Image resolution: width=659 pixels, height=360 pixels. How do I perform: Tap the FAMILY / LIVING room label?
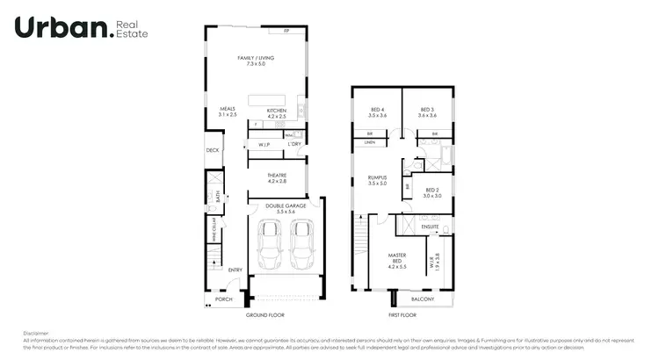[256, 61]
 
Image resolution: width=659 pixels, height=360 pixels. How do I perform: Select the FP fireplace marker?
[286, 31]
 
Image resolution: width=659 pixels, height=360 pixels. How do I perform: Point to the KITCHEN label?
[277, 112]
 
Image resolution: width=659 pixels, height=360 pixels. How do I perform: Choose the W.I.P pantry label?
[263, 144]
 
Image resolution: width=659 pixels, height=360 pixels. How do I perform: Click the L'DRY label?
[294, 144]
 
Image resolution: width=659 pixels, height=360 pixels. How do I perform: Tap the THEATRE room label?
[277, 177]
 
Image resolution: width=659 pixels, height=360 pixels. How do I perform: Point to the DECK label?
[212, 150]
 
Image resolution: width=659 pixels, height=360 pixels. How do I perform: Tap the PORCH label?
[224, 299]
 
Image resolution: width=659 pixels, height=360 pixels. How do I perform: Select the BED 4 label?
[378, 112]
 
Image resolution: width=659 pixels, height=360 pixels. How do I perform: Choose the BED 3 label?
[428, 112]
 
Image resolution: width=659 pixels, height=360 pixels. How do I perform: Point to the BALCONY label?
[423, 299]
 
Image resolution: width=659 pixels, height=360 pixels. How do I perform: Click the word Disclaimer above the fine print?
[36, 333]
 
